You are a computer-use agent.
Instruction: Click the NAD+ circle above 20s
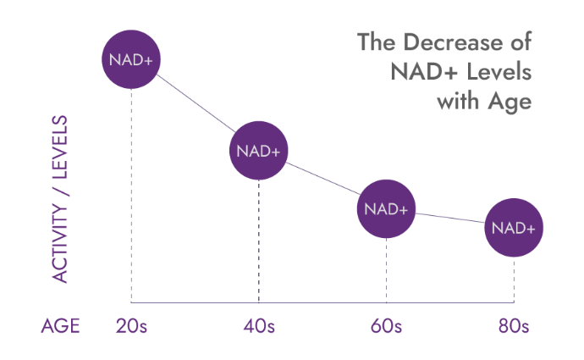pos(131,58)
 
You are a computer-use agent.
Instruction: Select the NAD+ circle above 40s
pos(258,151)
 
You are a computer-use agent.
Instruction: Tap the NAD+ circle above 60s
pos(386,208)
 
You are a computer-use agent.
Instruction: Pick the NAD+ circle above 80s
pos(514,227)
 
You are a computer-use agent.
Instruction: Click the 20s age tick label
pos(131,326)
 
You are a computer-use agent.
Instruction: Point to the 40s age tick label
pos(258,326)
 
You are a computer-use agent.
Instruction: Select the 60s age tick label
pos(386,326)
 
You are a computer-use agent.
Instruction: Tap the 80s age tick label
pos(514,326)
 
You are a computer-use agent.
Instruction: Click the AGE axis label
pos(60,326)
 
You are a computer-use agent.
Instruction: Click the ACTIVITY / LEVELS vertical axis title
pos(60,198)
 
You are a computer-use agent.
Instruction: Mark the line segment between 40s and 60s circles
pos(322,180)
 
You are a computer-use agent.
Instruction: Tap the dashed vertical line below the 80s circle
pos(514,280)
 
